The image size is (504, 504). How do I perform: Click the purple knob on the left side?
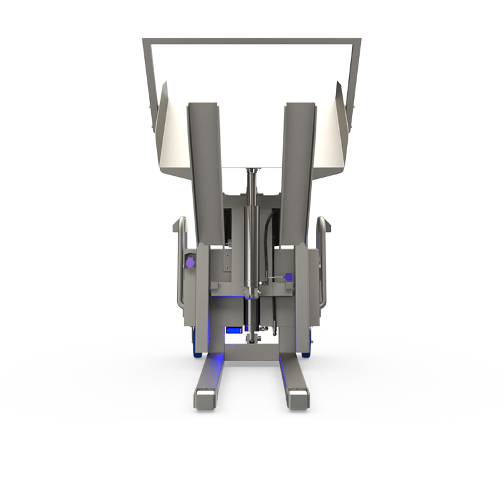tap(189, 261)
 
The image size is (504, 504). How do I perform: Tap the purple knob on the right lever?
tap(289, 276)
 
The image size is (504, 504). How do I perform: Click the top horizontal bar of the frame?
tap(252, 42)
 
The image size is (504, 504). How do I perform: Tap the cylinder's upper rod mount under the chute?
tap(253, 171)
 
